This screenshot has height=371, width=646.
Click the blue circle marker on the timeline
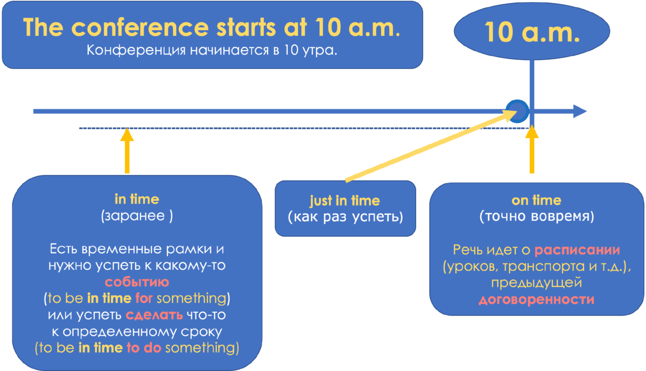coord(518,110)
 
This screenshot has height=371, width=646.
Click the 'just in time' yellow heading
coord(345,201)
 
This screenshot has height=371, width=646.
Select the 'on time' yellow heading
coord(536,200)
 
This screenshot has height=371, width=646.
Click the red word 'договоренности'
coord(537,299)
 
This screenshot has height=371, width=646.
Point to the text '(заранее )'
coord(137,216)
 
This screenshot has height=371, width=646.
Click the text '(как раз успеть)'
coord(345,218)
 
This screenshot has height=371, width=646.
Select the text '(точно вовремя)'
coord(537,216)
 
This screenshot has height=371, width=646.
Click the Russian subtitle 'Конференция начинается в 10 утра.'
coord(212,51)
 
